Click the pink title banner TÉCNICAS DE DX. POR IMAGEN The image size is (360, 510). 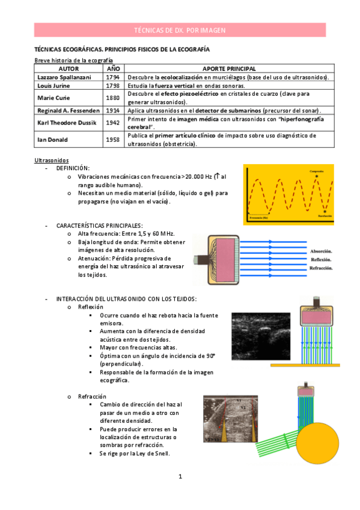tap(180, 30)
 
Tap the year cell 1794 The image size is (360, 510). tap(112, 78)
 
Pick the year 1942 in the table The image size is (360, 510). tap(112, 123)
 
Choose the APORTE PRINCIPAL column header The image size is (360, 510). tap(229, 69)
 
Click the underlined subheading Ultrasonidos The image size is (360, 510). tap(51, 160)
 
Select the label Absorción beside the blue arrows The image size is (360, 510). tap(322, 251)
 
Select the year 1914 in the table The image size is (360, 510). tap(112, 111)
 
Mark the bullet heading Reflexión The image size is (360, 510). tap(90, 307)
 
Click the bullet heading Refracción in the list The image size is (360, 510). tap(91, 396)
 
